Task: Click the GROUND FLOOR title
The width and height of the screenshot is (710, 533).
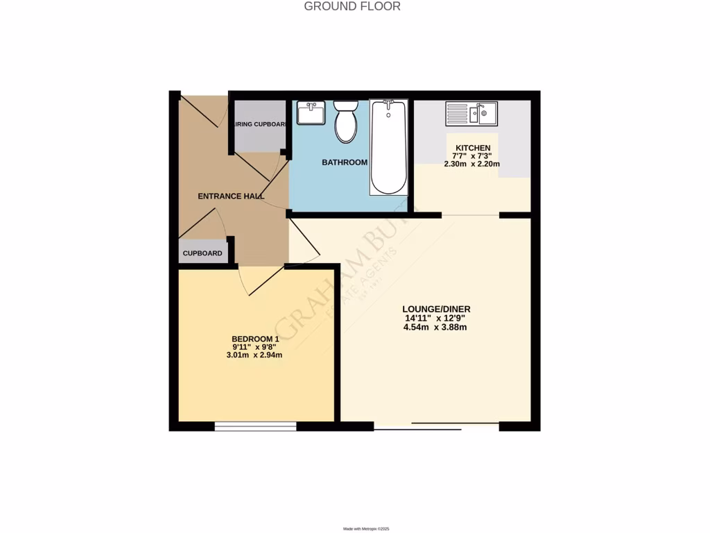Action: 352,7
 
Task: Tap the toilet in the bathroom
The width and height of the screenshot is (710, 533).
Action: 345,121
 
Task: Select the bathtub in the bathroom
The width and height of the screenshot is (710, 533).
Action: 388,147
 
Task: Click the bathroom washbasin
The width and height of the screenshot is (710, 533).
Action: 311,112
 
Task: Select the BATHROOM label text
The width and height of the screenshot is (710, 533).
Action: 344,162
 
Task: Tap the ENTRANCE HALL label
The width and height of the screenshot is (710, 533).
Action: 231,196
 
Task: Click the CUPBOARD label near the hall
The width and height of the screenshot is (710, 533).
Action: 202,253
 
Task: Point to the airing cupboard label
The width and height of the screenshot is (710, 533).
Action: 260,125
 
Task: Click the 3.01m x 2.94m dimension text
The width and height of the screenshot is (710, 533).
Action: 254,355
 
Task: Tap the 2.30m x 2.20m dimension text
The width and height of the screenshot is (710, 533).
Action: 472,164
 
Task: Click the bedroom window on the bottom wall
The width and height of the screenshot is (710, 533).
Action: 255,426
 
